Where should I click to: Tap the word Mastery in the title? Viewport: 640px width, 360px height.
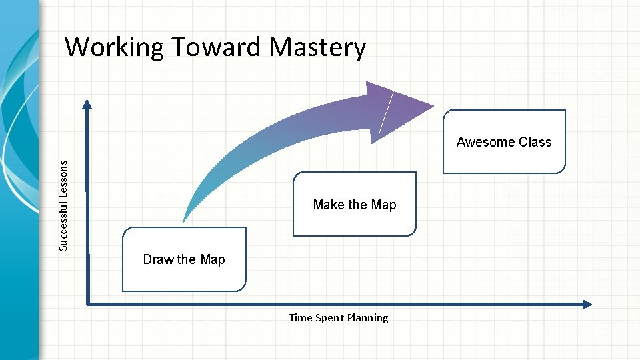(x=317, y=47)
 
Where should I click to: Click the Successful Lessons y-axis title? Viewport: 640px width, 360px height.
(x=63, y=205)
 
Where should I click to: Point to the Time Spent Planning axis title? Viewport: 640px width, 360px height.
(x=338, y=317)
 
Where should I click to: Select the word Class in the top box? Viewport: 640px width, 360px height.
(x=535, y=142)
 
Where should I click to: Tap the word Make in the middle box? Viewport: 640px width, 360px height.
(x=329, y=205)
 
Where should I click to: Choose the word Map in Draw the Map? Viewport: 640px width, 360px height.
(x=212, y=259)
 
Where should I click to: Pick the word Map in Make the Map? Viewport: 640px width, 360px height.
(x=383, y=205)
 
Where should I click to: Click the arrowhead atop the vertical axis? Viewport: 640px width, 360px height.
(x=87, y=104)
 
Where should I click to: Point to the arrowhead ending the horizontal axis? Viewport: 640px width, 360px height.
(x=587, y=304)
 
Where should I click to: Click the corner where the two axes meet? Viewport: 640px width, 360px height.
(x=88, y=304)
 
